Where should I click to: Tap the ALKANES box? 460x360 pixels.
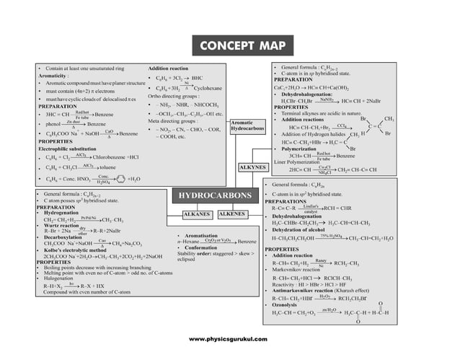pyautogui.click(x=195, y=214)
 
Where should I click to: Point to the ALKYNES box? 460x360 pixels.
pyautogui.click(x=252, y=167)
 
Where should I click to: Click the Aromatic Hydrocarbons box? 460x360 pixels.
pyautogui.click(x=248, y=127)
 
